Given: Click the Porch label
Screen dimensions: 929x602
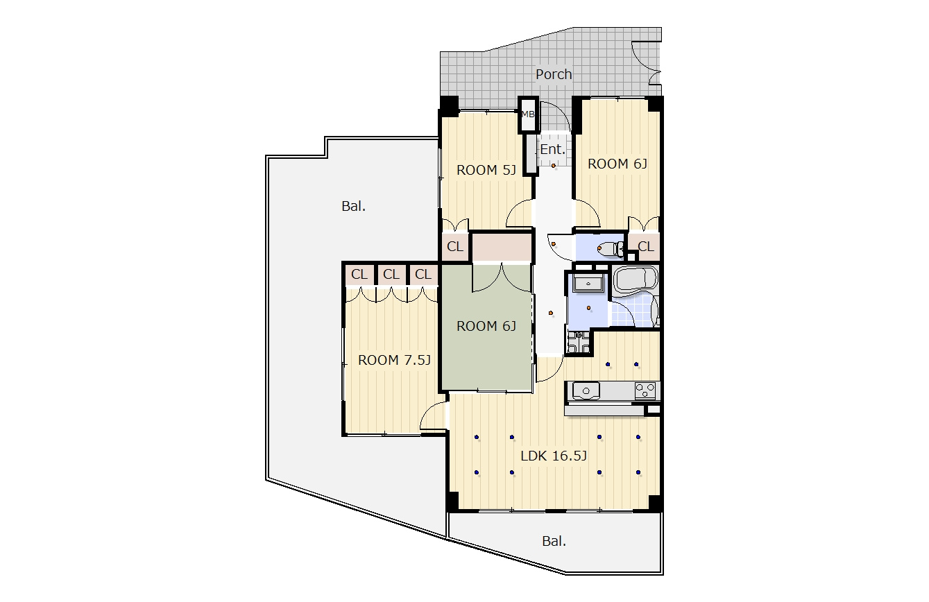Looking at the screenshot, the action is (x=554, y=75).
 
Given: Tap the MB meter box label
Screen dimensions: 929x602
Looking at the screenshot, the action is (x=528, y=114).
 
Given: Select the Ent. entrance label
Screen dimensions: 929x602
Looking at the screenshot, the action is (x=552, y=149).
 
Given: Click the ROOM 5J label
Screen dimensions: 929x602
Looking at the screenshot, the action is (x=486, y=170).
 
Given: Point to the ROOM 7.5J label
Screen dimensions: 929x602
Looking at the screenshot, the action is (x=394, y=360).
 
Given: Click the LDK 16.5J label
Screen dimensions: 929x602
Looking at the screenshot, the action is (x=554, y=456).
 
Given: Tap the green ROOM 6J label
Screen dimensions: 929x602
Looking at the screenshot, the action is (x=486, y=326).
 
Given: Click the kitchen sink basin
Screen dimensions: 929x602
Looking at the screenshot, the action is (x=586, y=391).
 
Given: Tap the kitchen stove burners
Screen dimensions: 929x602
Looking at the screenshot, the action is (x=645, y=390).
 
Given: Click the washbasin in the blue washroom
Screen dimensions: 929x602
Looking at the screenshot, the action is (x=588, y=284).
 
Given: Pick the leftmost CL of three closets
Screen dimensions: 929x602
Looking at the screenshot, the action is (x=359, y=274).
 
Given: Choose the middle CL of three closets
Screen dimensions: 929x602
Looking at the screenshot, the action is (x=391, y=274).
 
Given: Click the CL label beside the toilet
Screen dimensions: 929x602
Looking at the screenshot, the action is (x=646, y=247).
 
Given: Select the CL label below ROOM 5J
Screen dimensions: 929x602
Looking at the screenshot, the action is (x=455, y=247).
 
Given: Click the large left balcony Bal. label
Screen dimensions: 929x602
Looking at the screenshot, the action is (x=353, y=206).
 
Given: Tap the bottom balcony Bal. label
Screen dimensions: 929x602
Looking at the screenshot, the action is (x=554, y=541).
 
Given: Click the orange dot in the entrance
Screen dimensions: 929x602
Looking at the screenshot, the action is (x=553, y=166).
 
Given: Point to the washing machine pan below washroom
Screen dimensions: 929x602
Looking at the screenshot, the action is (x=579, y=342).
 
